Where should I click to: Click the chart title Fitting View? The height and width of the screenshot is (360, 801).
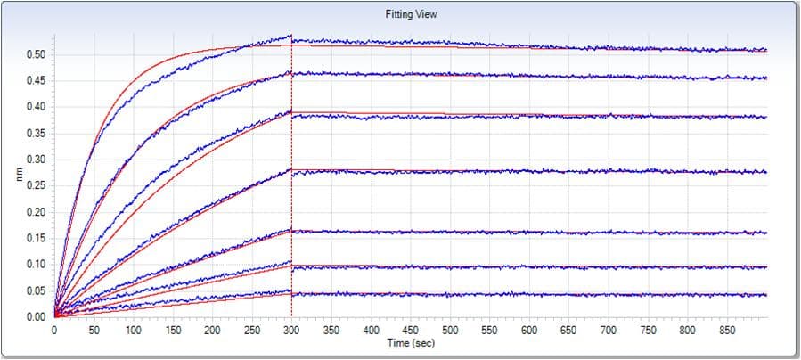[411, 14]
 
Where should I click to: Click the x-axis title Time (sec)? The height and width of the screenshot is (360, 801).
[411, 343]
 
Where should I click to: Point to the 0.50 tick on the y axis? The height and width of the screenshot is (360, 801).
[35, 54]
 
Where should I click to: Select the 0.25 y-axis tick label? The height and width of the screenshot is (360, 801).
[35, 186]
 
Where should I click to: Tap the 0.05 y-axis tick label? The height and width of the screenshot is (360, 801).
[35, 291]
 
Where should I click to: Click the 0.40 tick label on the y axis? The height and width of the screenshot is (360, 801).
[35, 107]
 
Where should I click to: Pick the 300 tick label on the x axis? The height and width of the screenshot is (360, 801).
[291, 330]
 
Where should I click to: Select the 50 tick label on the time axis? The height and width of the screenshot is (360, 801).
[94, 330]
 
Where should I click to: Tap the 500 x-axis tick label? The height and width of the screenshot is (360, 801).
[450, 330]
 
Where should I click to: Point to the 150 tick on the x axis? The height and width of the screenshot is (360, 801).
[173, 330]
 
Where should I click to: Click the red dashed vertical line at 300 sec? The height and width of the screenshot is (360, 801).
[291, 176]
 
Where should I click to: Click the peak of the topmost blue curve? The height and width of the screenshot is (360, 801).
[290, 36]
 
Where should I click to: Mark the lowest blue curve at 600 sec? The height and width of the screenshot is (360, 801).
[528, 294]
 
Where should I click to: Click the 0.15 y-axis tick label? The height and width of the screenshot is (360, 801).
[35, 239]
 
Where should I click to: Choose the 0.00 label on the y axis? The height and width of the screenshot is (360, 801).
[35, 317]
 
